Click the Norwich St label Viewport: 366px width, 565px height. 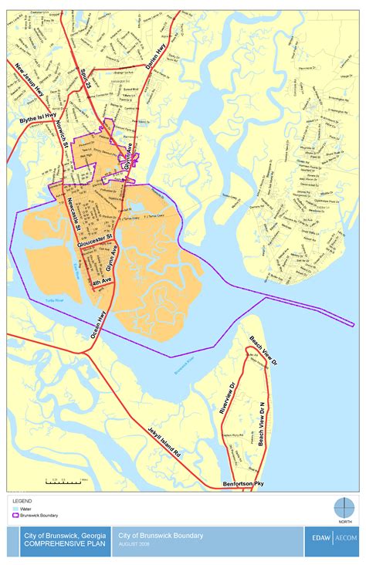[64, 134]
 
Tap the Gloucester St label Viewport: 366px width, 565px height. [95, 240]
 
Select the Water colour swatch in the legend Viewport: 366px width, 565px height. [15, 508]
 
